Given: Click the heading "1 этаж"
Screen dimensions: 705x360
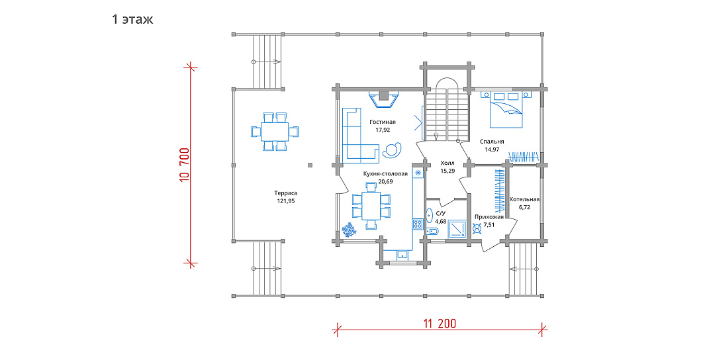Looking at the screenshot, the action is [132, 20].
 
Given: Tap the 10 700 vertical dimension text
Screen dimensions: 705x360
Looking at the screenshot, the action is [184, 165].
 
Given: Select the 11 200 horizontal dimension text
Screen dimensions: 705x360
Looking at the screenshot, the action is [440, 324].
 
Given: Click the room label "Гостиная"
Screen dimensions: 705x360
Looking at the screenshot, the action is [383, 122].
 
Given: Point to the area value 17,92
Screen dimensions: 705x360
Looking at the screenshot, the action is [383, 130].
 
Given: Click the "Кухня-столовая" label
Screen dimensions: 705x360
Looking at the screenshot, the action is [385, 174].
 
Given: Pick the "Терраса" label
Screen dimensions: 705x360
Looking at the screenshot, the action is [285, 193].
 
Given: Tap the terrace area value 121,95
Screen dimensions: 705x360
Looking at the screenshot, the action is [286, 201].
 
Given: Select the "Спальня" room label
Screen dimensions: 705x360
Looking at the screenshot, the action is [492, 142].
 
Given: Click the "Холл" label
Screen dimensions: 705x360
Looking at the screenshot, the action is [447, 163].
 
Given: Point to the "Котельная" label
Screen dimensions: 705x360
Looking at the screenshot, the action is [524, 200].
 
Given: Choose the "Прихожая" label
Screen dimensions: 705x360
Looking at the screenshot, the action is [489, 217].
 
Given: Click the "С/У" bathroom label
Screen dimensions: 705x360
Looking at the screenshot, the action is [441, 214].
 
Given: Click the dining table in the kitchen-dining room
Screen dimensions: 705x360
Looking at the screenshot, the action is [371, 205].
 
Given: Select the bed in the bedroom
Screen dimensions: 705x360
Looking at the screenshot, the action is [506, 110].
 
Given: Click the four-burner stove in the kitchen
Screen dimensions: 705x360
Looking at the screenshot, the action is [418, 224].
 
